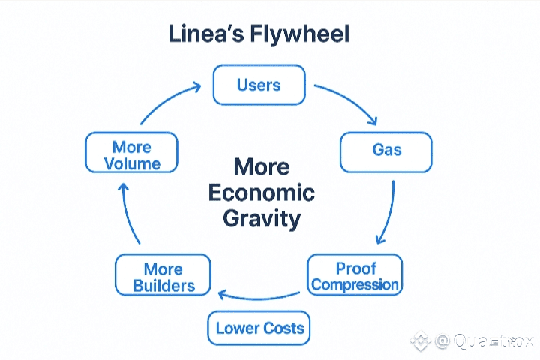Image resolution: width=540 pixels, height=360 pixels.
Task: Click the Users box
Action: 259,85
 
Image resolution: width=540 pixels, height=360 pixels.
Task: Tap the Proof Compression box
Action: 355,276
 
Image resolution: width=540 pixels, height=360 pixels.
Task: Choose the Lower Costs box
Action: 259,328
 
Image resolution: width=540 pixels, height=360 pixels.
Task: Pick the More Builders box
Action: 163,277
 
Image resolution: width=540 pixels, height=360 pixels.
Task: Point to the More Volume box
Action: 131,154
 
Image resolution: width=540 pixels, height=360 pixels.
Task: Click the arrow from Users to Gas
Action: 347,101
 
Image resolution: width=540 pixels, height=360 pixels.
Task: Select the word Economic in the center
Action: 261,193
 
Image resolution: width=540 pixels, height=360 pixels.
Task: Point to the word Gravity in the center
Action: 262,219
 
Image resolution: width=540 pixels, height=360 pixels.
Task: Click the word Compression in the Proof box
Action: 355,284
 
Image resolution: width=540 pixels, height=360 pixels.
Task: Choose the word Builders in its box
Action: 163,285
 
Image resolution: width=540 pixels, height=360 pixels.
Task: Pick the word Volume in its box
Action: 132,163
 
